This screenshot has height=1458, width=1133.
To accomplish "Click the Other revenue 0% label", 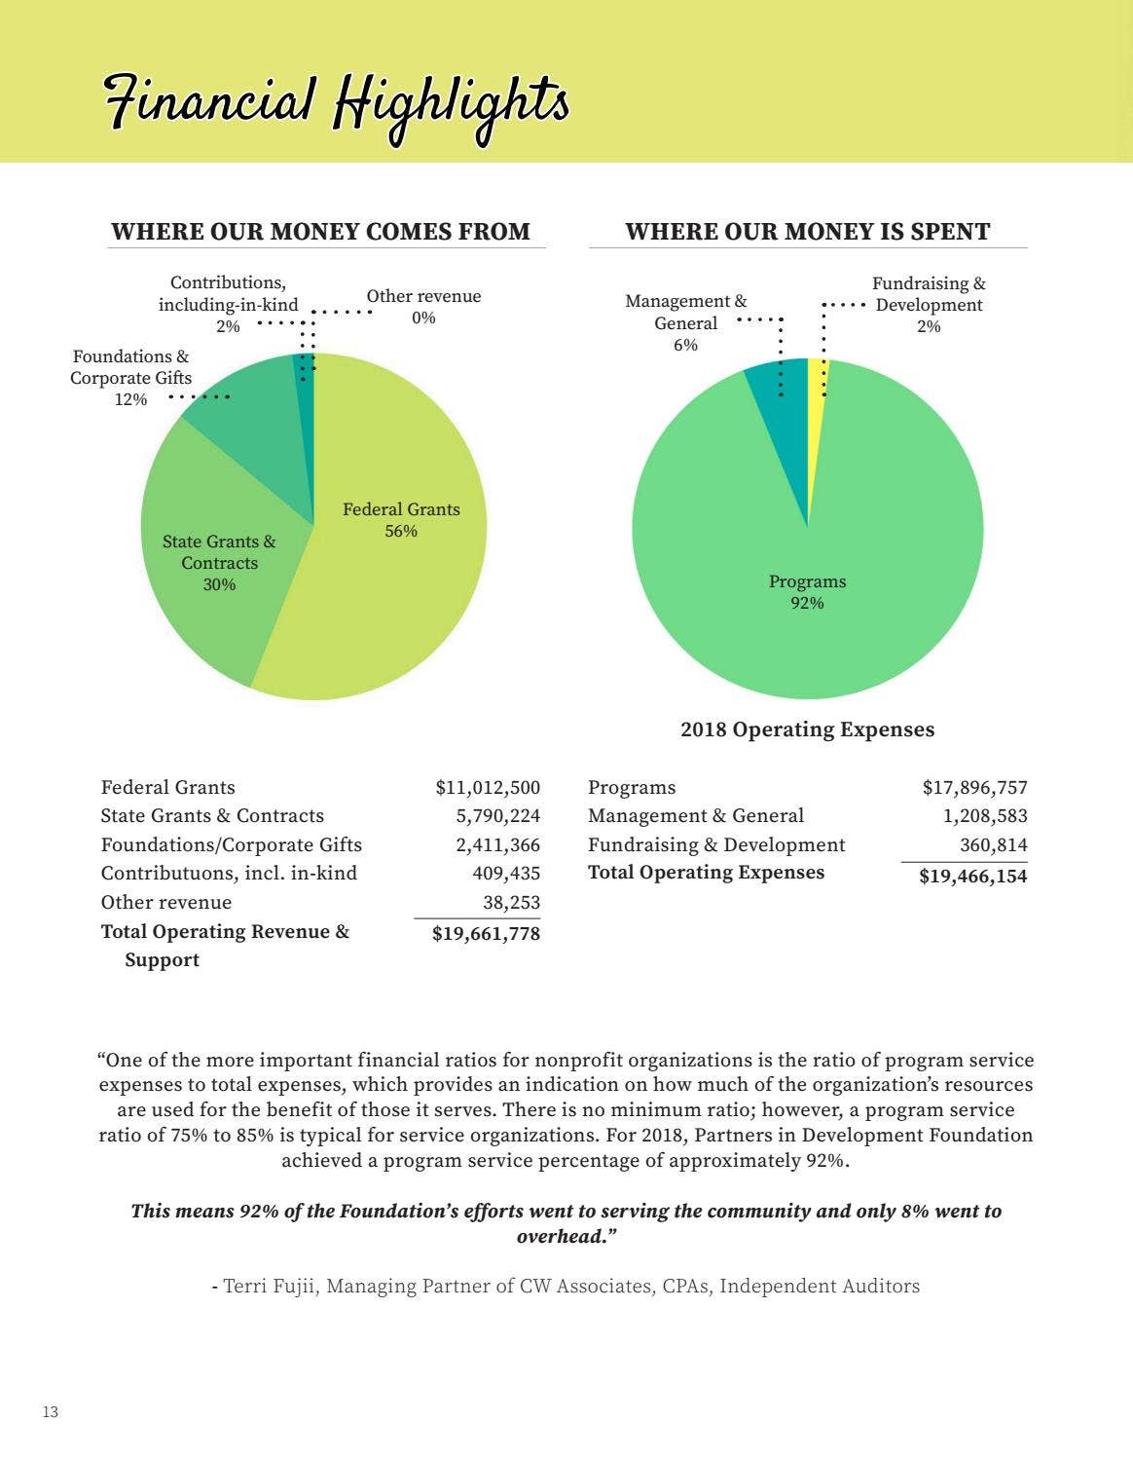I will coord(423,307).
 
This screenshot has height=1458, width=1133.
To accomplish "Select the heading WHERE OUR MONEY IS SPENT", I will coord(807,232).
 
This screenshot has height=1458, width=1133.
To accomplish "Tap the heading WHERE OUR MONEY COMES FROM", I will coord(320,232).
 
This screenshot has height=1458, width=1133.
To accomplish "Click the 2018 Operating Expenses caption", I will coord(807,729).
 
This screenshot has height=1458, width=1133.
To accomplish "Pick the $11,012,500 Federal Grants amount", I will coord(488,788).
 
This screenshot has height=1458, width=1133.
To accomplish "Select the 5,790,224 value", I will coord(497,816).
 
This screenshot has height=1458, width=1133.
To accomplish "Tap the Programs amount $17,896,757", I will coord(974,788).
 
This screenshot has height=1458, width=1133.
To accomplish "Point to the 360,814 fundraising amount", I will coord(993,845).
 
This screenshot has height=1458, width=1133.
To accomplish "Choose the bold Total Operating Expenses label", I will coord(706,873).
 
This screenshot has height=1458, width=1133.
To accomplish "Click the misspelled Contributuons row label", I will coord(229,874).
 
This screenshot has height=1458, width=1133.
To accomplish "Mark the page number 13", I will coord(51,1412).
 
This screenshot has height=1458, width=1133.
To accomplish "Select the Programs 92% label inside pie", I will coord(807,592).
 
